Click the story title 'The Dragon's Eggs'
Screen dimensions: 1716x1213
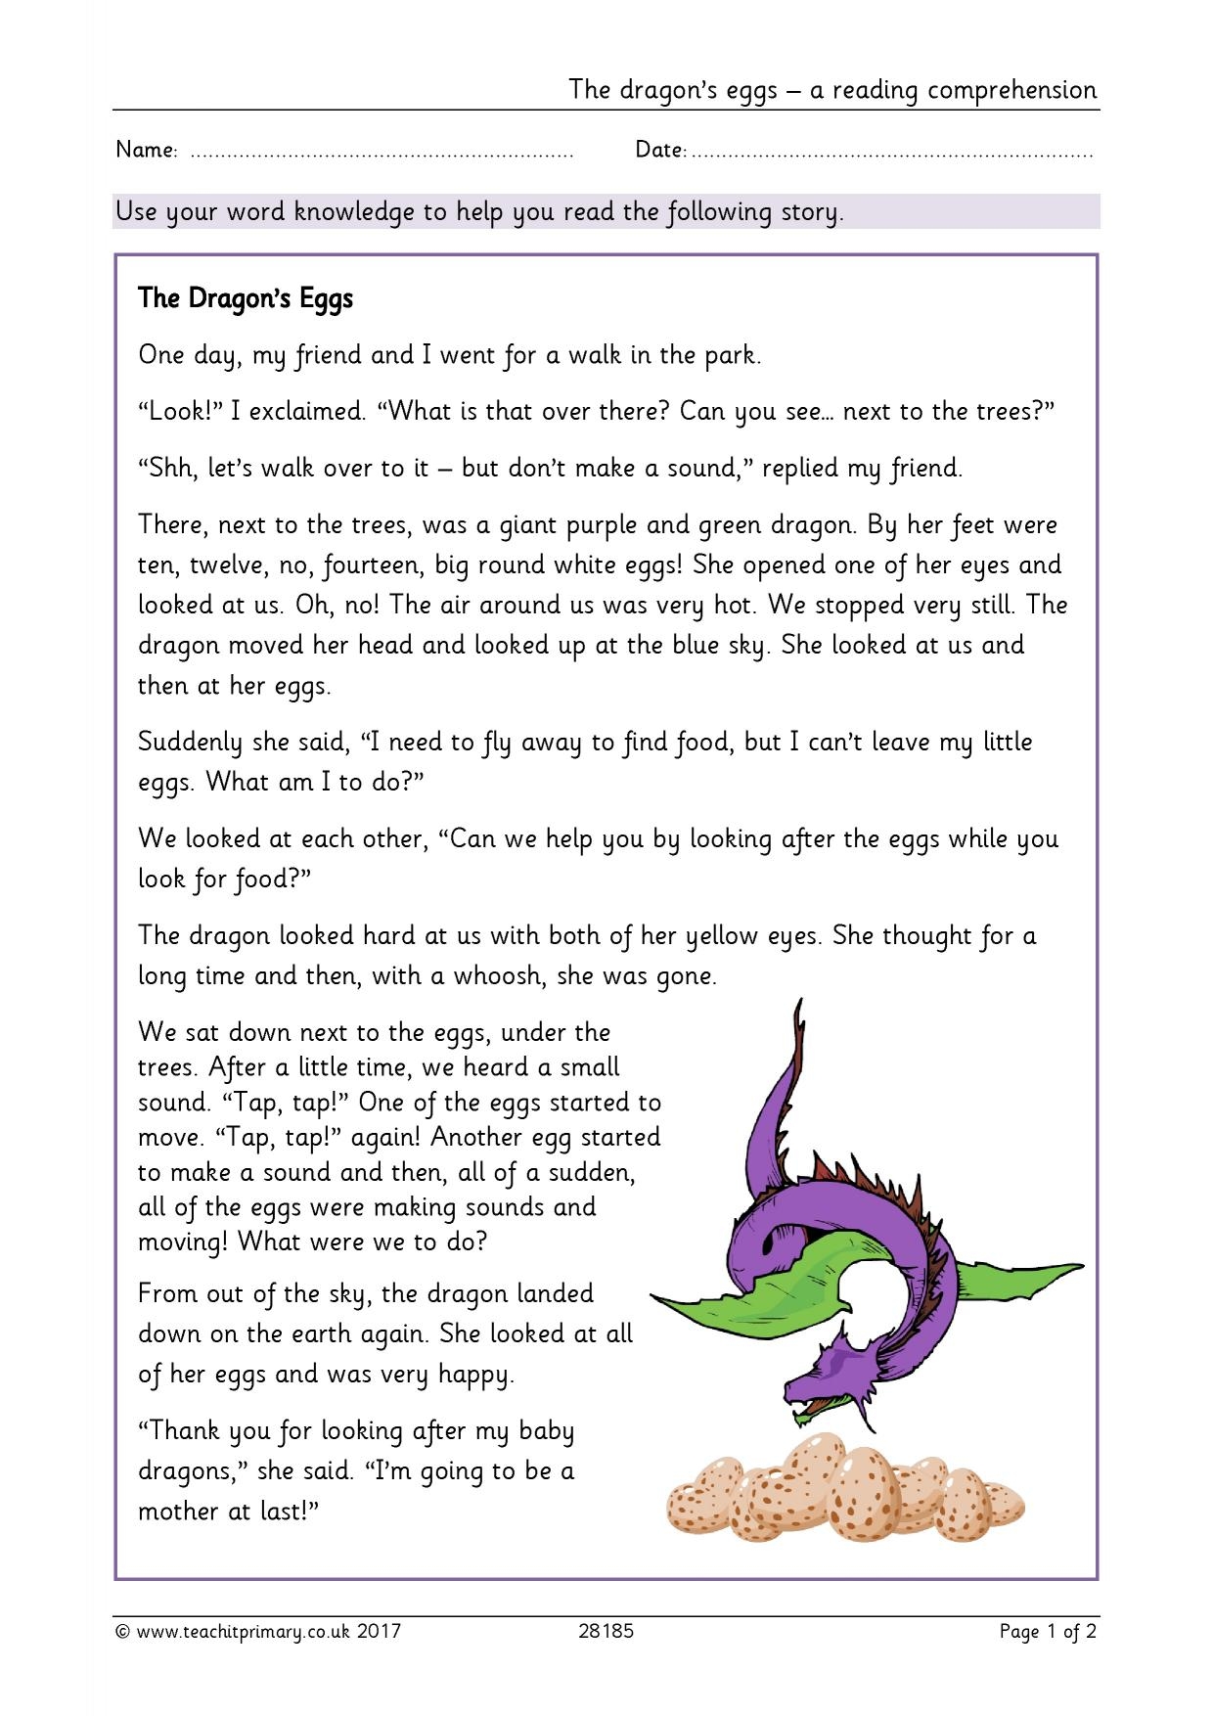(x=246, y=298)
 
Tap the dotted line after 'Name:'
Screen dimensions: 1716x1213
(x=382, y=154)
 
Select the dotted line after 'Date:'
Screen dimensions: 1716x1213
(x=892, y=154)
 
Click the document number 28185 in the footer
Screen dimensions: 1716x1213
(x=606, y=1631)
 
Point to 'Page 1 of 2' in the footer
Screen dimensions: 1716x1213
(x=1048, y=1631)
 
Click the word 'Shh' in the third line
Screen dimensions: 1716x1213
(x=168, y=468)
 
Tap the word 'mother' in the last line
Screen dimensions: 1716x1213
(x=180, y=1511)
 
